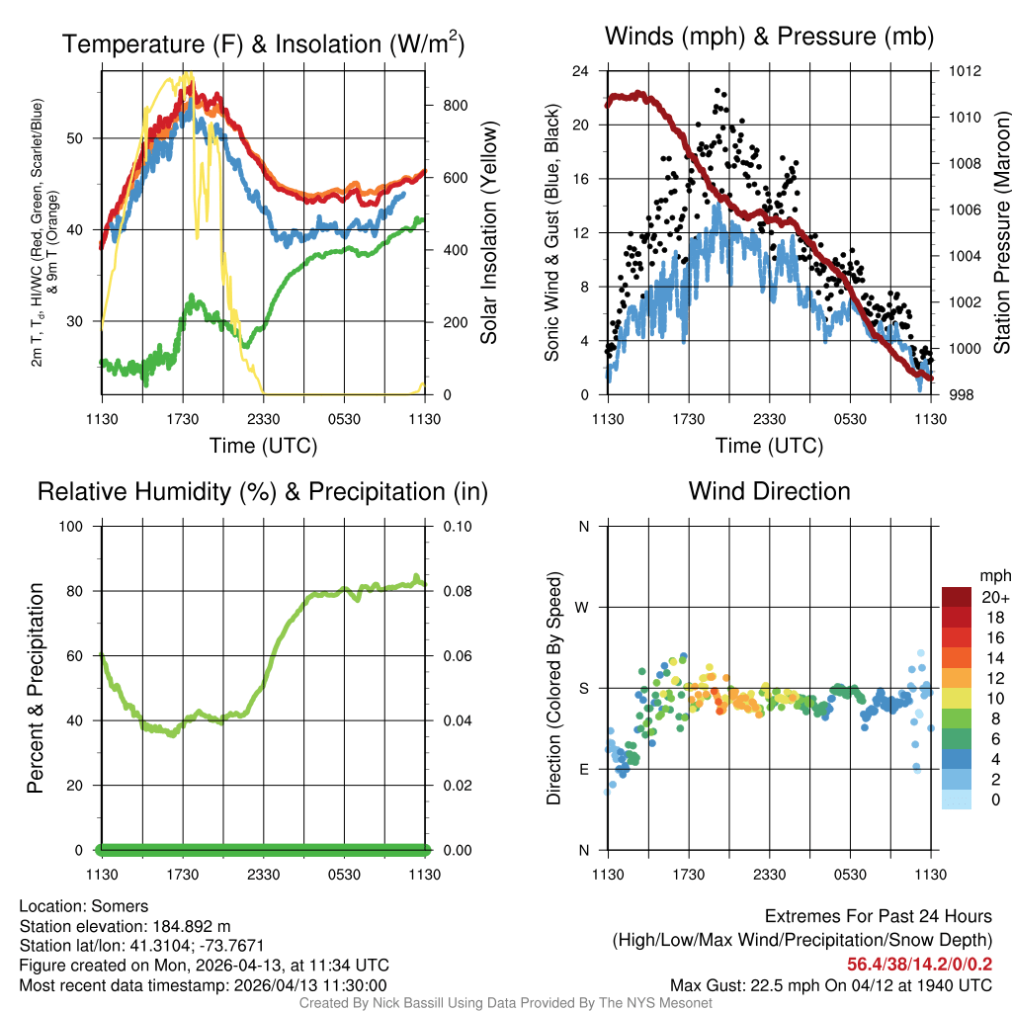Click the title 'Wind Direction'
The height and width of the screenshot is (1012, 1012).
click(769, 491)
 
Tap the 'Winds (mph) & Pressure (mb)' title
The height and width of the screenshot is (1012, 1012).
click(769, 38)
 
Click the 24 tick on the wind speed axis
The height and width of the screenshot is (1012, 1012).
click(581, 71)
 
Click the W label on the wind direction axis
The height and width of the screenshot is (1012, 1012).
click(583, 607)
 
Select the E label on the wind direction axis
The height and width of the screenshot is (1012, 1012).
click(584, 769)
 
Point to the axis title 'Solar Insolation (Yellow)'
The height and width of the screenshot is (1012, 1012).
click(488, 233)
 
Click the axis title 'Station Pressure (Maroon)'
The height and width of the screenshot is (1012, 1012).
click(1001, 233)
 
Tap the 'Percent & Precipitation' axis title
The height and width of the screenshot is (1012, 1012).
click(35, 688)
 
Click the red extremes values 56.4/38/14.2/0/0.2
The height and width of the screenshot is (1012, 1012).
click(919, 964)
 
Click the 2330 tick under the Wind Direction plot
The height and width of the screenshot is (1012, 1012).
click(769, 874)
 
